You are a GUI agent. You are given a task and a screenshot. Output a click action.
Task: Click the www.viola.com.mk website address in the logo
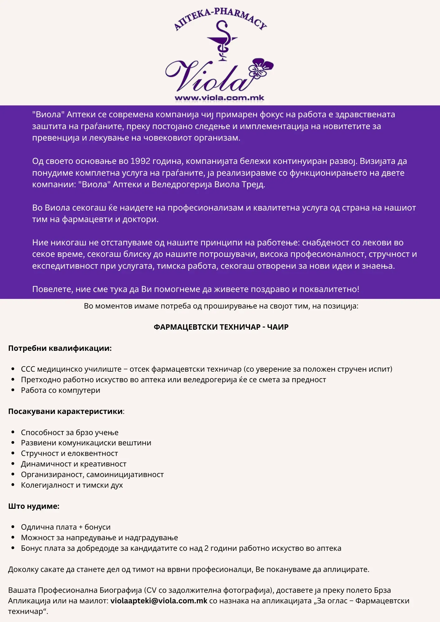coord(219,98)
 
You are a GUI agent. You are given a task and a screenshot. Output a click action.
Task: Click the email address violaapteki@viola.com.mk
coord(159,601)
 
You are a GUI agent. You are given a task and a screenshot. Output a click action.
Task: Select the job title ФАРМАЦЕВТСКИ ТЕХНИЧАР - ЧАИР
coord(221,327)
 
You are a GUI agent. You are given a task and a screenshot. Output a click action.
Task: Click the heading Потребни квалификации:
coord(60,348)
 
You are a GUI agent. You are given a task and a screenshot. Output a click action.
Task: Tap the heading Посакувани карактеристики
coord(65,411)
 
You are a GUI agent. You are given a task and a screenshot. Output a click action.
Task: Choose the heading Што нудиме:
coord(34,506)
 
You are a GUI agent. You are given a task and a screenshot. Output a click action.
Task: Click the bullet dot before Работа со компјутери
coord(13,390)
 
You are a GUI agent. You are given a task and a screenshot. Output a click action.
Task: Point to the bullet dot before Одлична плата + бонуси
coord(13,527)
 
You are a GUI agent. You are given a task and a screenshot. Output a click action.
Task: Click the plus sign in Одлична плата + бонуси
coord(81,527)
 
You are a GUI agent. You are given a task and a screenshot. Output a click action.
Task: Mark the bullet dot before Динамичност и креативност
coord(13,464)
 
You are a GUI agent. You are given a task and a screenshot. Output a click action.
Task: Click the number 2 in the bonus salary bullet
coord(206,548)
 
